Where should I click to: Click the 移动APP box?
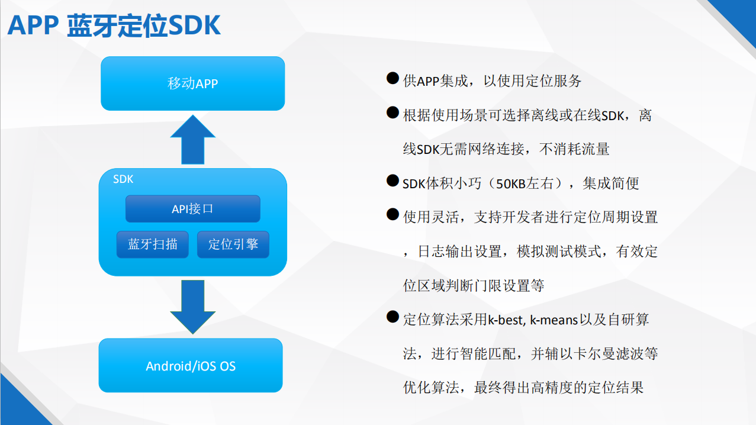click(x=193, y=83)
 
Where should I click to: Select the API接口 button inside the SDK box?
click(x=193, y=208)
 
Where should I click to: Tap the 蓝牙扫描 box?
click(x=153, y=244)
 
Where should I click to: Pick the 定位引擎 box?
click(x=233, y=244)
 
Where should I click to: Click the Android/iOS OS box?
click(x=191, y=365)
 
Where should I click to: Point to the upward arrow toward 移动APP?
click(x=193, y=140)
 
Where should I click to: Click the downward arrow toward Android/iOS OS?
click(x=193, y=307)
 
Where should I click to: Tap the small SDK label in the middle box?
click(x=123, y=179)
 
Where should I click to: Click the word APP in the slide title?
click(x=33, y=25)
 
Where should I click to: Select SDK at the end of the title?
click(x=194, y=25)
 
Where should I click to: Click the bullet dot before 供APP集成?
click(x=393, y=78)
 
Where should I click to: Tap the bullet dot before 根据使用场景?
click(x=393, y=112)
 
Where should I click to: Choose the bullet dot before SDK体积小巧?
click(x=393, y=181)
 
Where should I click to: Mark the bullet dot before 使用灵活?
click(x=393, y=214)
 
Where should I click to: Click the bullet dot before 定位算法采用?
click(x=393, y=317)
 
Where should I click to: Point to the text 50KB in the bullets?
click(x=511, y=184)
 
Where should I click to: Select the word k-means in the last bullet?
click(x=554, y=320)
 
